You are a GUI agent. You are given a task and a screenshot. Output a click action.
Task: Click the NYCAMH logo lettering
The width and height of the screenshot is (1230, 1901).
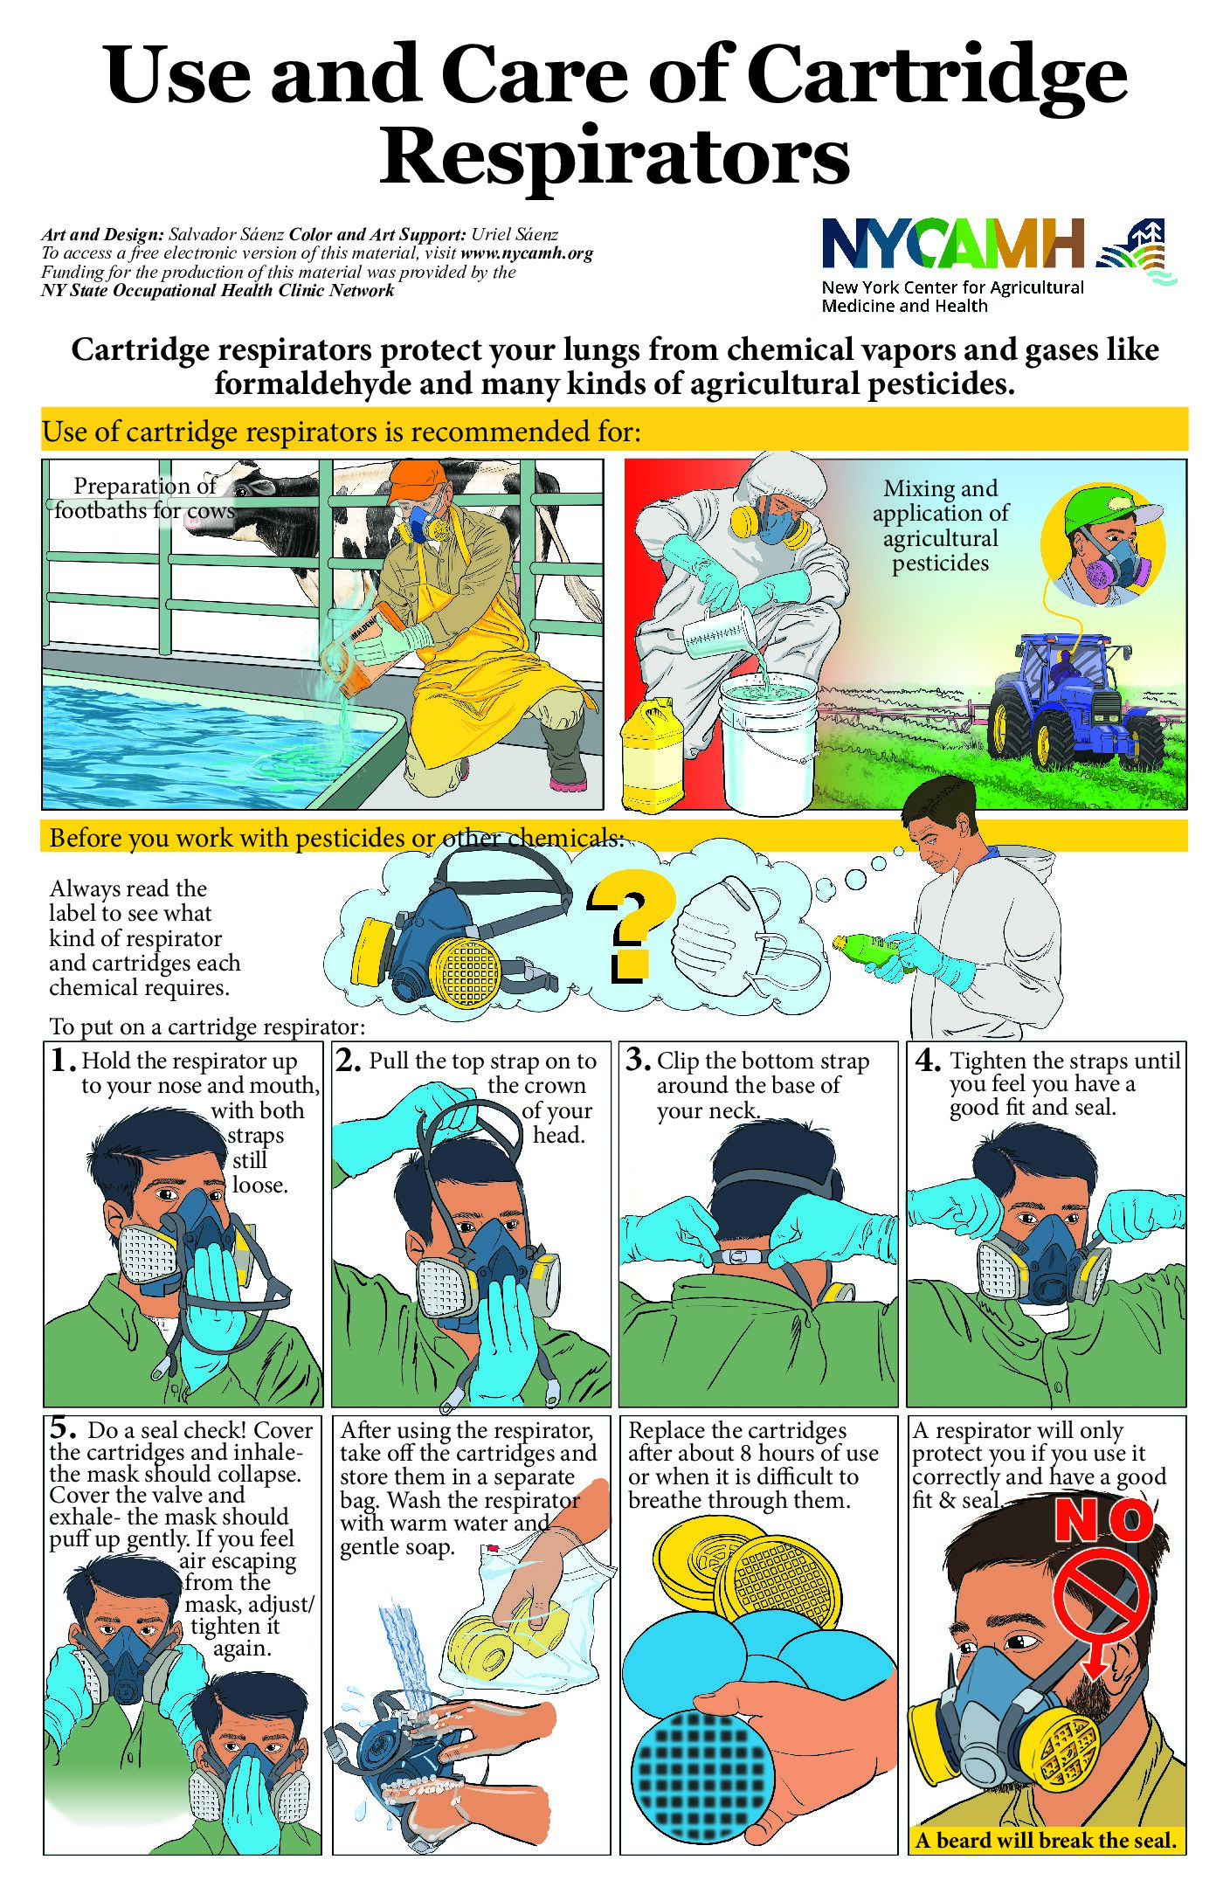(953, 243)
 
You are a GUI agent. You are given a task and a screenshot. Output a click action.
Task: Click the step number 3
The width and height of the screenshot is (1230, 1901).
(638, 1060)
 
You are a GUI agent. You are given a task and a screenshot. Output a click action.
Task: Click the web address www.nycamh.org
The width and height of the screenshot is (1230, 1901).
(527, 253)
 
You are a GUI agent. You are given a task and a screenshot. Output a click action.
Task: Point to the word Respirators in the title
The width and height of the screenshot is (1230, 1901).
(614, 156)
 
